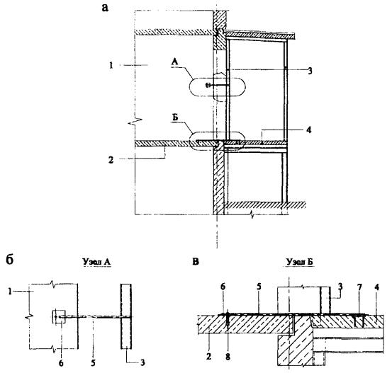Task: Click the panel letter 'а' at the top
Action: pos(105,8)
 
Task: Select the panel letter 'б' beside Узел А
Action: pos(9,260)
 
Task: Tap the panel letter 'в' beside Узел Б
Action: pos(196,262)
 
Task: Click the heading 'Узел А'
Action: pos(96,262)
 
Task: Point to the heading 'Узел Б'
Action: pos(300,262)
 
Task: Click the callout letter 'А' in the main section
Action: pos(175,62)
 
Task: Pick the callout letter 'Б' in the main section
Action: pos(175,117)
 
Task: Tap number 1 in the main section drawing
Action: pos(111,65)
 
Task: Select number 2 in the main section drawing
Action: pos(111,160)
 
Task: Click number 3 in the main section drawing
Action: pos(310,71)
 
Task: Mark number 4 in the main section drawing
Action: pos(309,130)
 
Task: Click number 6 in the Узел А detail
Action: pos(61,363)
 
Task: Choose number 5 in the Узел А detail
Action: pos(93,363)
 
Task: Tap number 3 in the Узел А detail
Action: pos(142,362)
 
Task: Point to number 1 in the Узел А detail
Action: pos(10,292)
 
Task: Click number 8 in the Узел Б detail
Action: pos(228,357)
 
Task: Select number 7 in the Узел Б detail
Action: pos(359,287)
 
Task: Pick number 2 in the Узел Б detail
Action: pos(208,357)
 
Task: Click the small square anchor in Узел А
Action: pos(59,317)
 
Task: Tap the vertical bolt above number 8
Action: pos(228,320)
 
